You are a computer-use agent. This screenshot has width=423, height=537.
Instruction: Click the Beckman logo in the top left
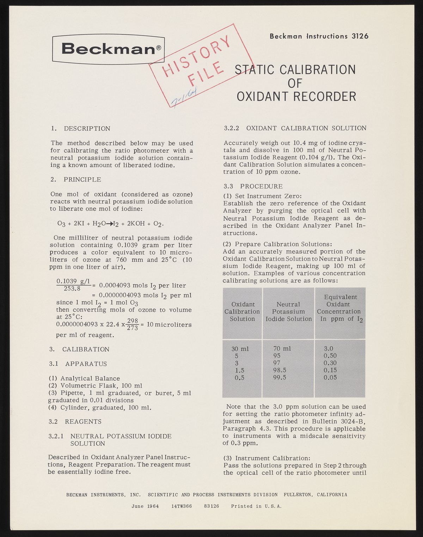109,49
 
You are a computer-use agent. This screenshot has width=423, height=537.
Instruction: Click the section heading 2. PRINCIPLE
76,179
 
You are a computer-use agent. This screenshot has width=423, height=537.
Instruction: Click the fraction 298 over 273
132,324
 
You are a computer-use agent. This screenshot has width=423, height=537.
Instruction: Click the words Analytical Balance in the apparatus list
90,378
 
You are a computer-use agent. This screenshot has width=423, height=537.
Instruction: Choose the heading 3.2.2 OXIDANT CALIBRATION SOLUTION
295,128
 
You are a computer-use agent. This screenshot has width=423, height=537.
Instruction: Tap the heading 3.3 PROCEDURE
253,186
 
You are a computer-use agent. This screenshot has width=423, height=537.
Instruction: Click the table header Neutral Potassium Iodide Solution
288,311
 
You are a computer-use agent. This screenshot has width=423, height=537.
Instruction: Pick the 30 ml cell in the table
240,349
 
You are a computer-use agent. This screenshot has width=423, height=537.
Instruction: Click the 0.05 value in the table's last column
330,377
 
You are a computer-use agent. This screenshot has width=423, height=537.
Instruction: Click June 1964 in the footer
145,506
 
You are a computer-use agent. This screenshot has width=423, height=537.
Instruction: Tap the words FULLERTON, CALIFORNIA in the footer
315,495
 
